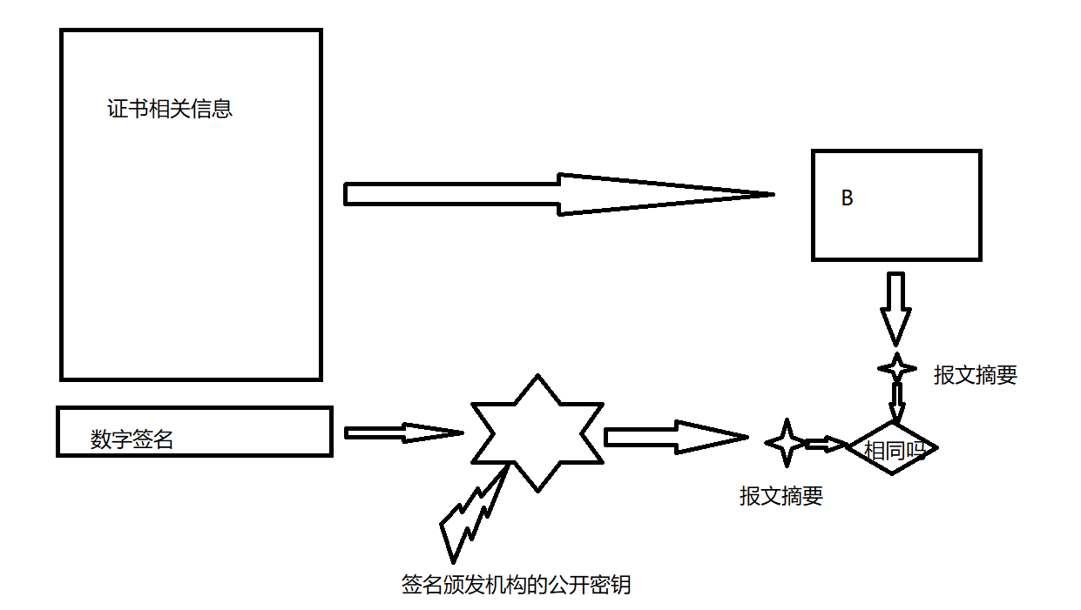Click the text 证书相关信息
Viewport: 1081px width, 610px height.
pyautogui.click(x=170, y=111)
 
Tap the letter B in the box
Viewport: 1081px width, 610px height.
pyautogui.click(x=847, y=198)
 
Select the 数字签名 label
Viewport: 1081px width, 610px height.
pyautogui.click(x=132, y=440)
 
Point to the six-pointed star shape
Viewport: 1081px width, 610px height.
pyautogui.click(x=537, y=432)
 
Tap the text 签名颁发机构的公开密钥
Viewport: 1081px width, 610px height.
pyautogui.click(x=516, y=585)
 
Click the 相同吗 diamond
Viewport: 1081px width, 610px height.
pyautogui.click(x=892, y=449)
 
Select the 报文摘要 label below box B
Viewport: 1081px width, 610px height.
pyautogui.click(x=975, y=375)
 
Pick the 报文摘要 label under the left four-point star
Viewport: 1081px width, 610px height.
pyautogui.click(x=780, y=496)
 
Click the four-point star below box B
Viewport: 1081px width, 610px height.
pyautogui.click(x=896, y=368)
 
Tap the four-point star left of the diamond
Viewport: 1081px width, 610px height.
pyautogui.click(x=786, y=442)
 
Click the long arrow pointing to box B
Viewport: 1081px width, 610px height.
pyautogui.click(x=557, y=194)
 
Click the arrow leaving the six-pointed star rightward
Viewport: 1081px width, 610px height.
pyautogui.click(x=675, y=437)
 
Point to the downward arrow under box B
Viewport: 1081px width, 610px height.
pyautogui.click(x=895, y=309)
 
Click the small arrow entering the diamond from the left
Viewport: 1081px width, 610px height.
pyautogui.click(x=825, y=445)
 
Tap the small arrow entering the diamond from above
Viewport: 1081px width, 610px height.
pyautogui.click(x=896, y=403)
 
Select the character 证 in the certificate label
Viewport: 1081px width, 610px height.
pyautogui.click(x=117, y=111)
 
